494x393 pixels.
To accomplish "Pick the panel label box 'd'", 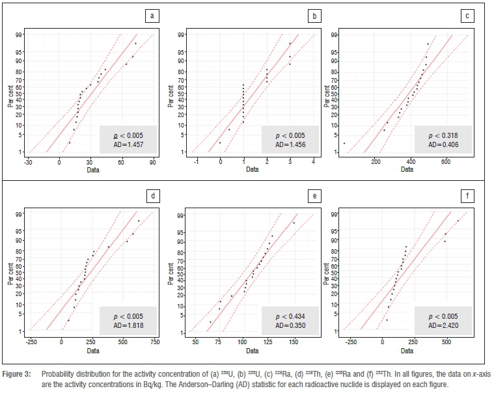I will pos(152,195).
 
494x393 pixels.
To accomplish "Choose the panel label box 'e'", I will pos(314,195).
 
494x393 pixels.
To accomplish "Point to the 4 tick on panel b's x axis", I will pos(313,163).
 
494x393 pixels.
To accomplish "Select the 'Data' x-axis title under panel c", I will pos(407,170).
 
